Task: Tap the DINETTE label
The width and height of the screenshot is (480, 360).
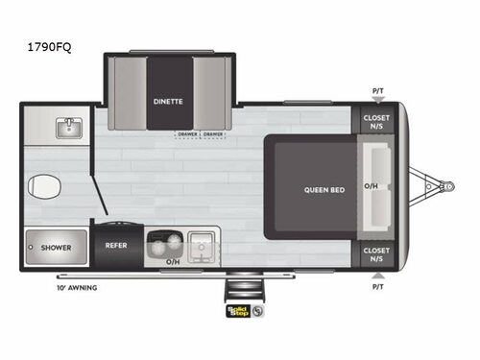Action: point(167,99)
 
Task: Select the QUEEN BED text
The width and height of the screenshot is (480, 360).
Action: point(323,190)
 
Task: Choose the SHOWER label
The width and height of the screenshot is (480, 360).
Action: point(55,248)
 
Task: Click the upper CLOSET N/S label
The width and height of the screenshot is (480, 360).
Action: point(376,121)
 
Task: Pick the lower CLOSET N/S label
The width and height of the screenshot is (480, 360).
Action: point(376,254)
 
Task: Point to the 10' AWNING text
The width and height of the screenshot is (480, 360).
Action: point(76,287)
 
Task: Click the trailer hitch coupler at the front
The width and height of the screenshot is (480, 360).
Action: point(446,184)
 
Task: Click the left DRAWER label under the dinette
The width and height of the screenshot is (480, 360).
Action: point(187,134)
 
